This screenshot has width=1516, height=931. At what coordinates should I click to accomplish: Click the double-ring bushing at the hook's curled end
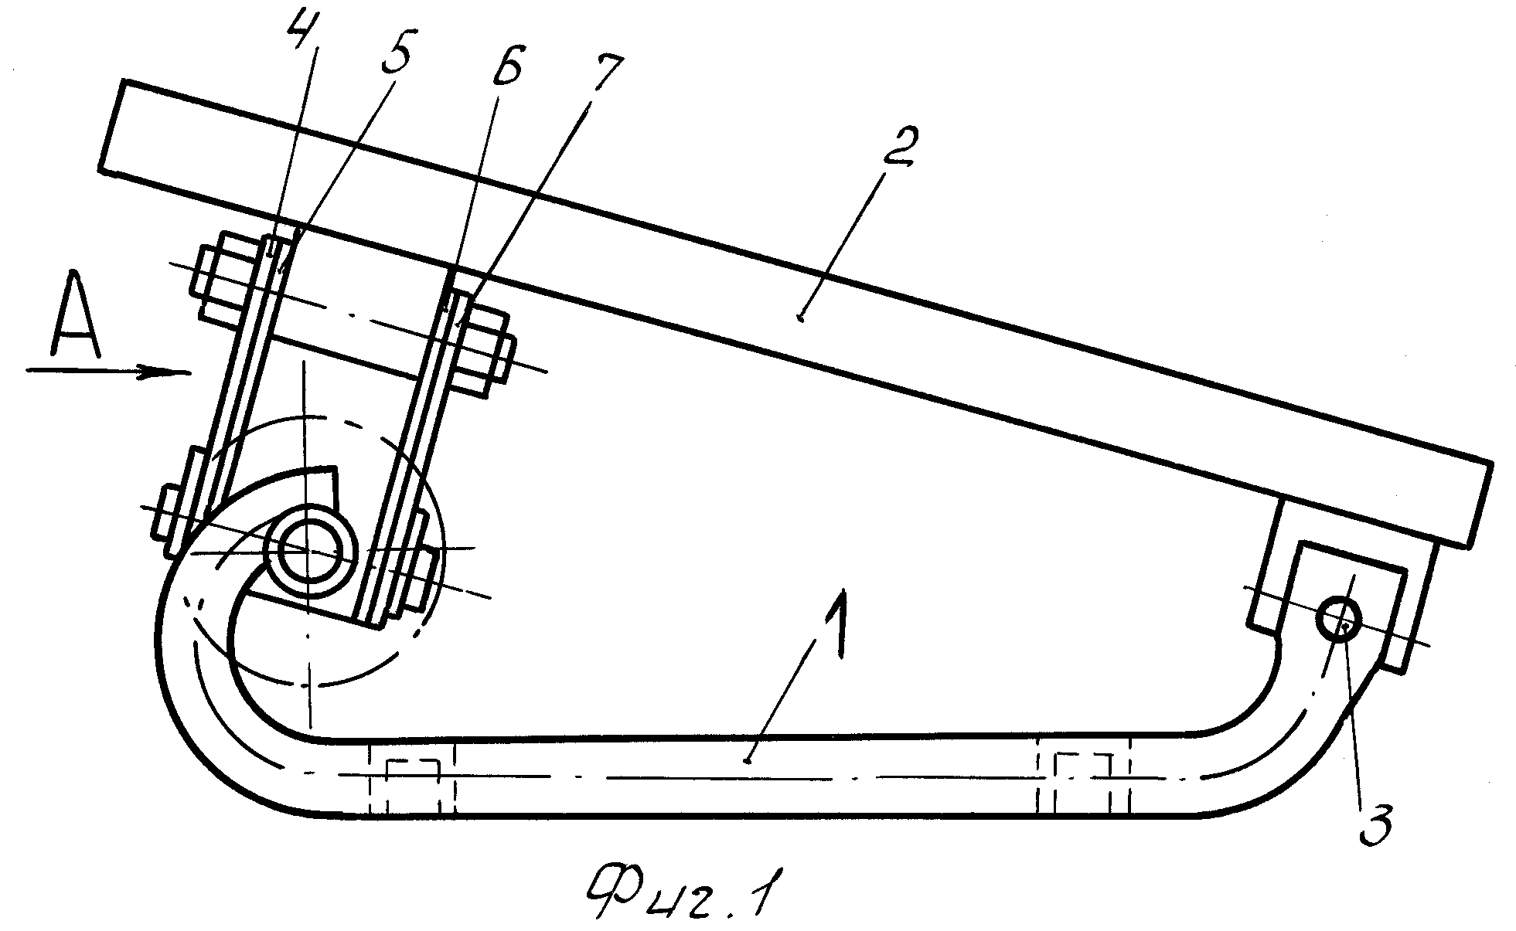point(310,550)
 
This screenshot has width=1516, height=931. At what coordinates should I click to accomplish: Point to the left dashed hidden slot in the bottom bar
point(412,778)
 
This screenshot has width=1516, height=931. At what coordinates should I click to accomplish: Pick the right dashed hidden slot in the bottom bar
point(1085,778)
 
